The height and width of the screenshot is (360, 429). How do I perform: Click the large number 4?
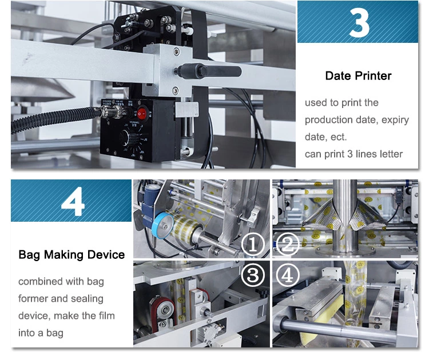[73, 201]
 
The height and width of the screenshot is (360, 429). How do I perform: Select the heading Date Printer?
[358, 76]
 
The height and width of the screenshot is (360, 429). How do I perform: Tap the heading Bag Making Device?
[71, 254]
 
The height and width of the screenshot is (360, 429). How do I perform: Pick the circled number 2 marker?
[288, 245]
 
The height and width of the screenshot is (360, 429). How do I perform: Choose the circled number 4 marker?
[288, 275]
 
